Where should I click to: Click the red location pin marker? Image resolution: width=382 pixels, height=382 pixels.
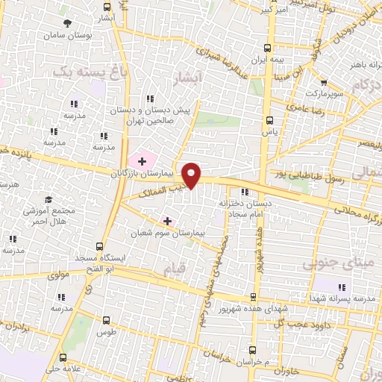192,174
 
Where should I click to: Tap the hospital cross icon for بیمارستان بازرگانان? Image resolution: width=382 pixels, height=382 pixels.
142,160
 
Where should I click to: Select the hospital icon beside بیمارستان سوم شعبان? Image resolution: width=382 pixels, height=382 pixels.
167,221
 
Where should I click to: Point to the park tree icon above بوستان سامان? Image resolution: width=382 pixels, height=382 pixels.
69,23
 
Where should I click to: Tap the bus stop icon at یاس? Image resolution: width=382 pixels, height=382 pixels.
269,119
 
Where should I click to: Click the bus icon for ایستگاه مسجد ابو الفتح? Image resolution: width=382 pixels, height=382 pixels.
101,246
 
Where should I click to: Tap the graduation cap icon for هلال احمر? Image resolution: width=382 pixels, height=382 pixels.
48,200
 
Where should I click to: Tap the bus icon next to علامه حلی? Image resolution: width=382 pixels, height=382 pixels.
64,357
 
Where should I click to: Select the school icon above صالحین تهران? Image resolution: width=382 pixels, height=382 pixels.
151,98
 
